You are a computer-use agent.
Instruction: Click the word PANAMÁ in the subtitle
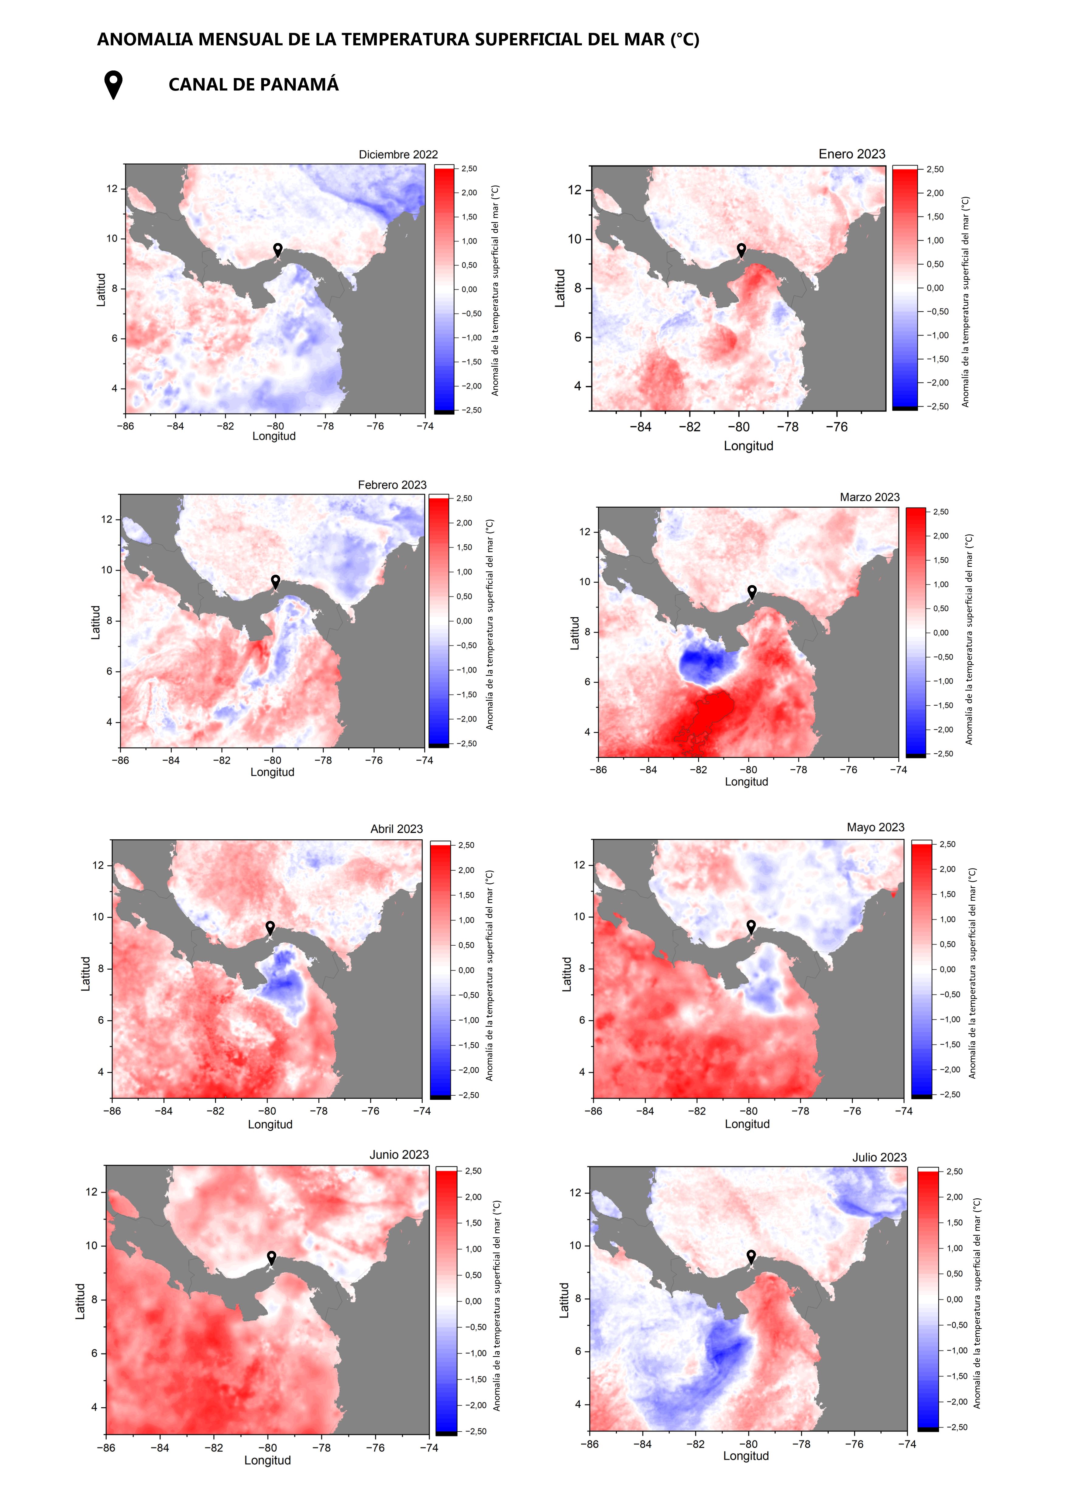tap(301, 85)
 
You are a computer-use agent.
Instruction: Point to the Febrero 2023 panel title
tap(392, 485)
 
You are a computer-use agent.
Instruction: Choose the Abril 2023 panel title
tap(397, 829)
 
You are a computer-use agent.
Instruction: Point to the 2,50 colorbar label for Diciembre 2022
tap(469, 169)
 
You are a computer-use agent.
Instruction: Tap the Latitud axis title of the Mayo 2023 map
tap(567, 974)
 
